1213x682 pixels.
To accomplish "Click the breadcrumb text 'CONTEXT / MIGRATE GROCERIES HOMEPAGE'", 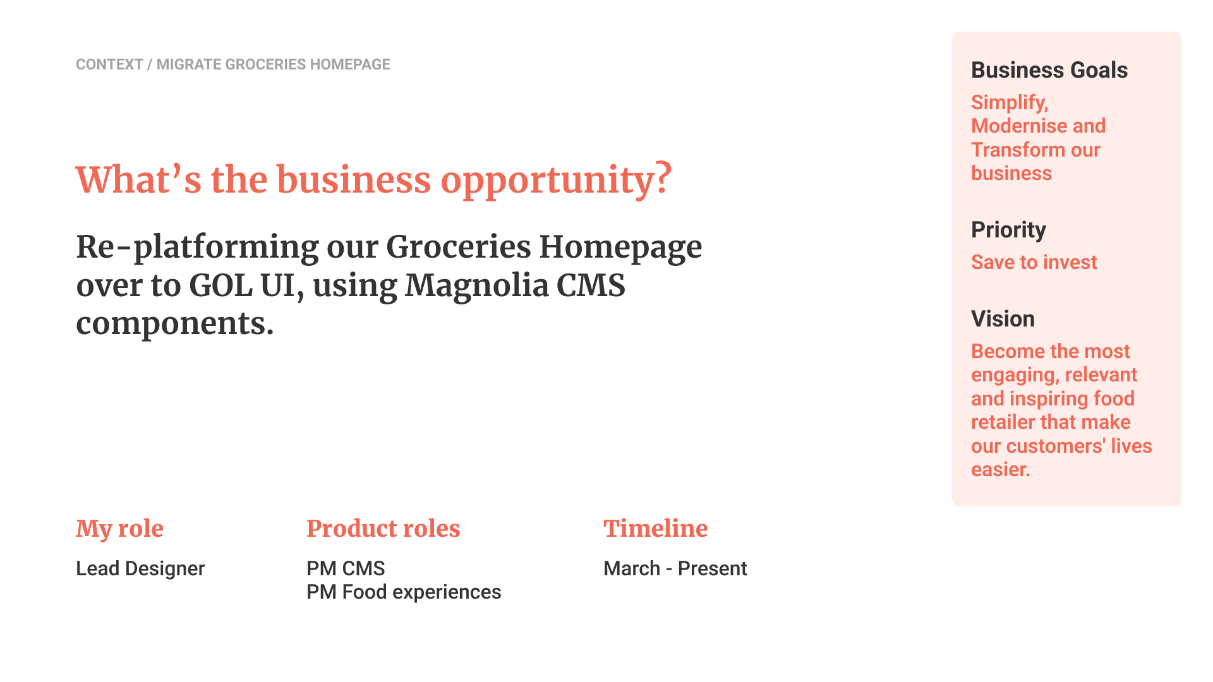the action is pyautogui.click(x=233, y=64).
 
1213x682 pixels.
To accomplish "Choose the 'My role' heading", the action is pyautogui.click(x=119, y=529).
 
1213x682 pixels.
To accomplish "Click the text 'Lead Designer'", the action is pyautogui.click(x=140, y=568).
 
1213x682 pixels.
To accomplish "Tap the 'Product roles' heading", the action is pyautogui.click(x=383, y=529).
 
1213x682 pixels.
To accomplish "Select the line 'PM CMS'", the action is pyautogui.click(x=346, y=568).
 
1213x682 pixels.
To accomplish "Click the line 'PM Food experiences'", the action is pyautogui.click(x=404, y=592).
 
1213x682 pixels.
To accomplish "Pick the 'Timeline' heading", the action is pyautogui.click(x=656, y=529).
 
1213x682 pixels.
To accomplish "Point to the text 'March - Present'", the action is pyautogui.click(x=675, y=568).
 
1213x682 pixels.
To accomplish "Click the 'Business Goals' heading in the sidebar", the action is pyautogui.click(x=1049, y=70).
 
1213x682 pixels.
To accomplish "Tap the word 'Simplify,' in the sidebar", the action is pyautogui.click(x=1010, y=103).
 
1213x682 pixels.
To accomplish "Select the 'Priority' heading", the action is pyautogui.click(x=1008, y=230).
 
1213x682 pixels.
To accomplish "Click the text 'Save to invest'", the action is pyautogui.click(x=1034, y=262).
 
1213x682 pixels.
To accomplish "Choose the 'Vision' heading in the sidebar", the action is pyautogui.click(x=1003, y=319).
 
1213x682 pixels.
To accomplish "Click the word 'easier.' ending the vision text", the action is pyautogui.click(x=1001, y=470).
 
